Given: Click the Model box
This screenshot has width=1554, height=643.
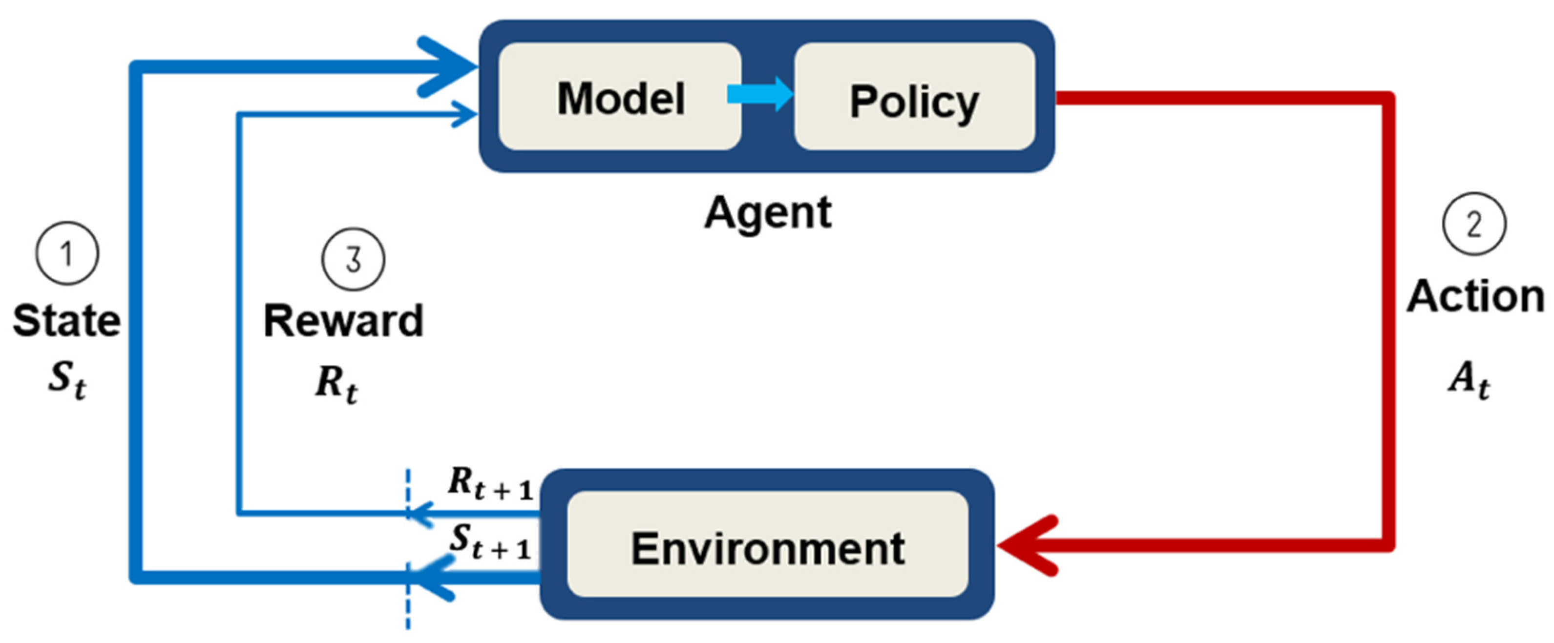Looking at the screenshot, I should click(x=620, y=97).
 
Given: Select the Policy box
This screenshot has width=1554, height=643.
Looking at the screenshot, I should click(x=914, y=97).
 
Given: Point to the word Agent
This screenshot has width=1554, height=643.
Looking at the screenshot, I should click(x=767, y=212).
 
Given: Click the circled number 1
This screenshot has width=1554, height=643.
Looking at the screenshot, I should click(x=67, y=253).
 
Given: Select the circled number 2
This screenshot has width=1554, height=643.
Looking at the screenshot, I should click(x=1474, y=224).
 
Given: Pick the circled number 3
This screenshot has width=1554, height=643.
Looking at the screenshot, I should click(x=353, y=259).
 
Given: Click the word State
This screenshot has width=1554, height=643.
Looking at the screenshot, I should click(x=66, y=320).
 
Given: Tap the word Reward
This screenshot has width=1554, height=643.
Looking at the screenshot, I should click(x=343, y=320).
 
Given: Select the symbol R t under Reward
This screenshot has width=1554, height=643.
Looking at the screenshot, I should click(x=336, y=384).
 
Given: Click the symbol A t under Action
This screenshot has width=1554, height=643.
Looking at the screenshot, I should click(x=1469, y=380).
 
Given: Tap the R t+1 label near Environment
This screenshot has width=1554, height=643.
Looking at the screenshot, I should click(x=490, y=484).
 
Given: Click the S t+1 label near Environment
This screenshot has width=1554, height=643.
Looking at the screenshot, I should click(x=490, y=540).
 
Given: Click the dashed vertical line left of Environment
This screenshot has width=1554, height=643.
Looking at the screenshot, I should click(x=408, y=609).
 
